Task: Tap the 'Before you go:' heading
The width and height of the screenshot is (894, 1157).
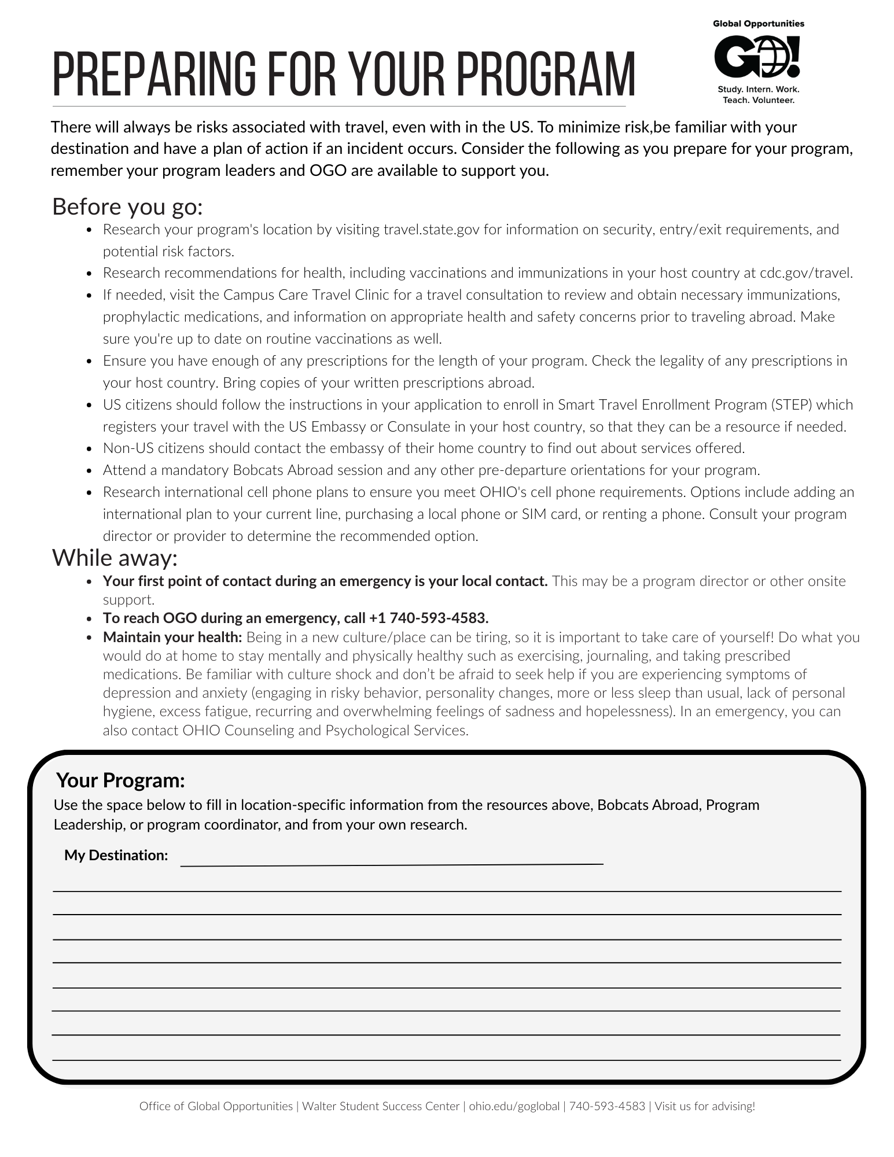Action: [127, 207]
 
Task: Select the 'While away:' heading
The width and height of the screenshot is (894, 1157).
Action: [115, 558]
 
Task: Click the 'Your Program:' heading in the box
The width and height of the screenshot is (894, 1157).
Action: [120, 780]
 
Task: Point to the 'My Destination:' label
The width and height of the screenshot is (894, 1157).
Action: [116, 855]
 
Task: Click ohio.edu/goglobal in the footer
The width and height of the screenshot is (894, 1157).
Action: [514, 1106]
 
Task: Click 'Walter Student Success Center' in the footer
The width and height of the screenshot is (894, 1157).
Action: [381, 1106]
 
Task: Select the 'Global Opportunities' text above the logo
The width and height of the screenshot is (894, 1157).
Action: [758, 24]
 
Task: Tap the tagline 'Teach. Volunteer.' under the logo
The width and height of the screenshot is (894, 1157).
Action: [758, 100]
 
